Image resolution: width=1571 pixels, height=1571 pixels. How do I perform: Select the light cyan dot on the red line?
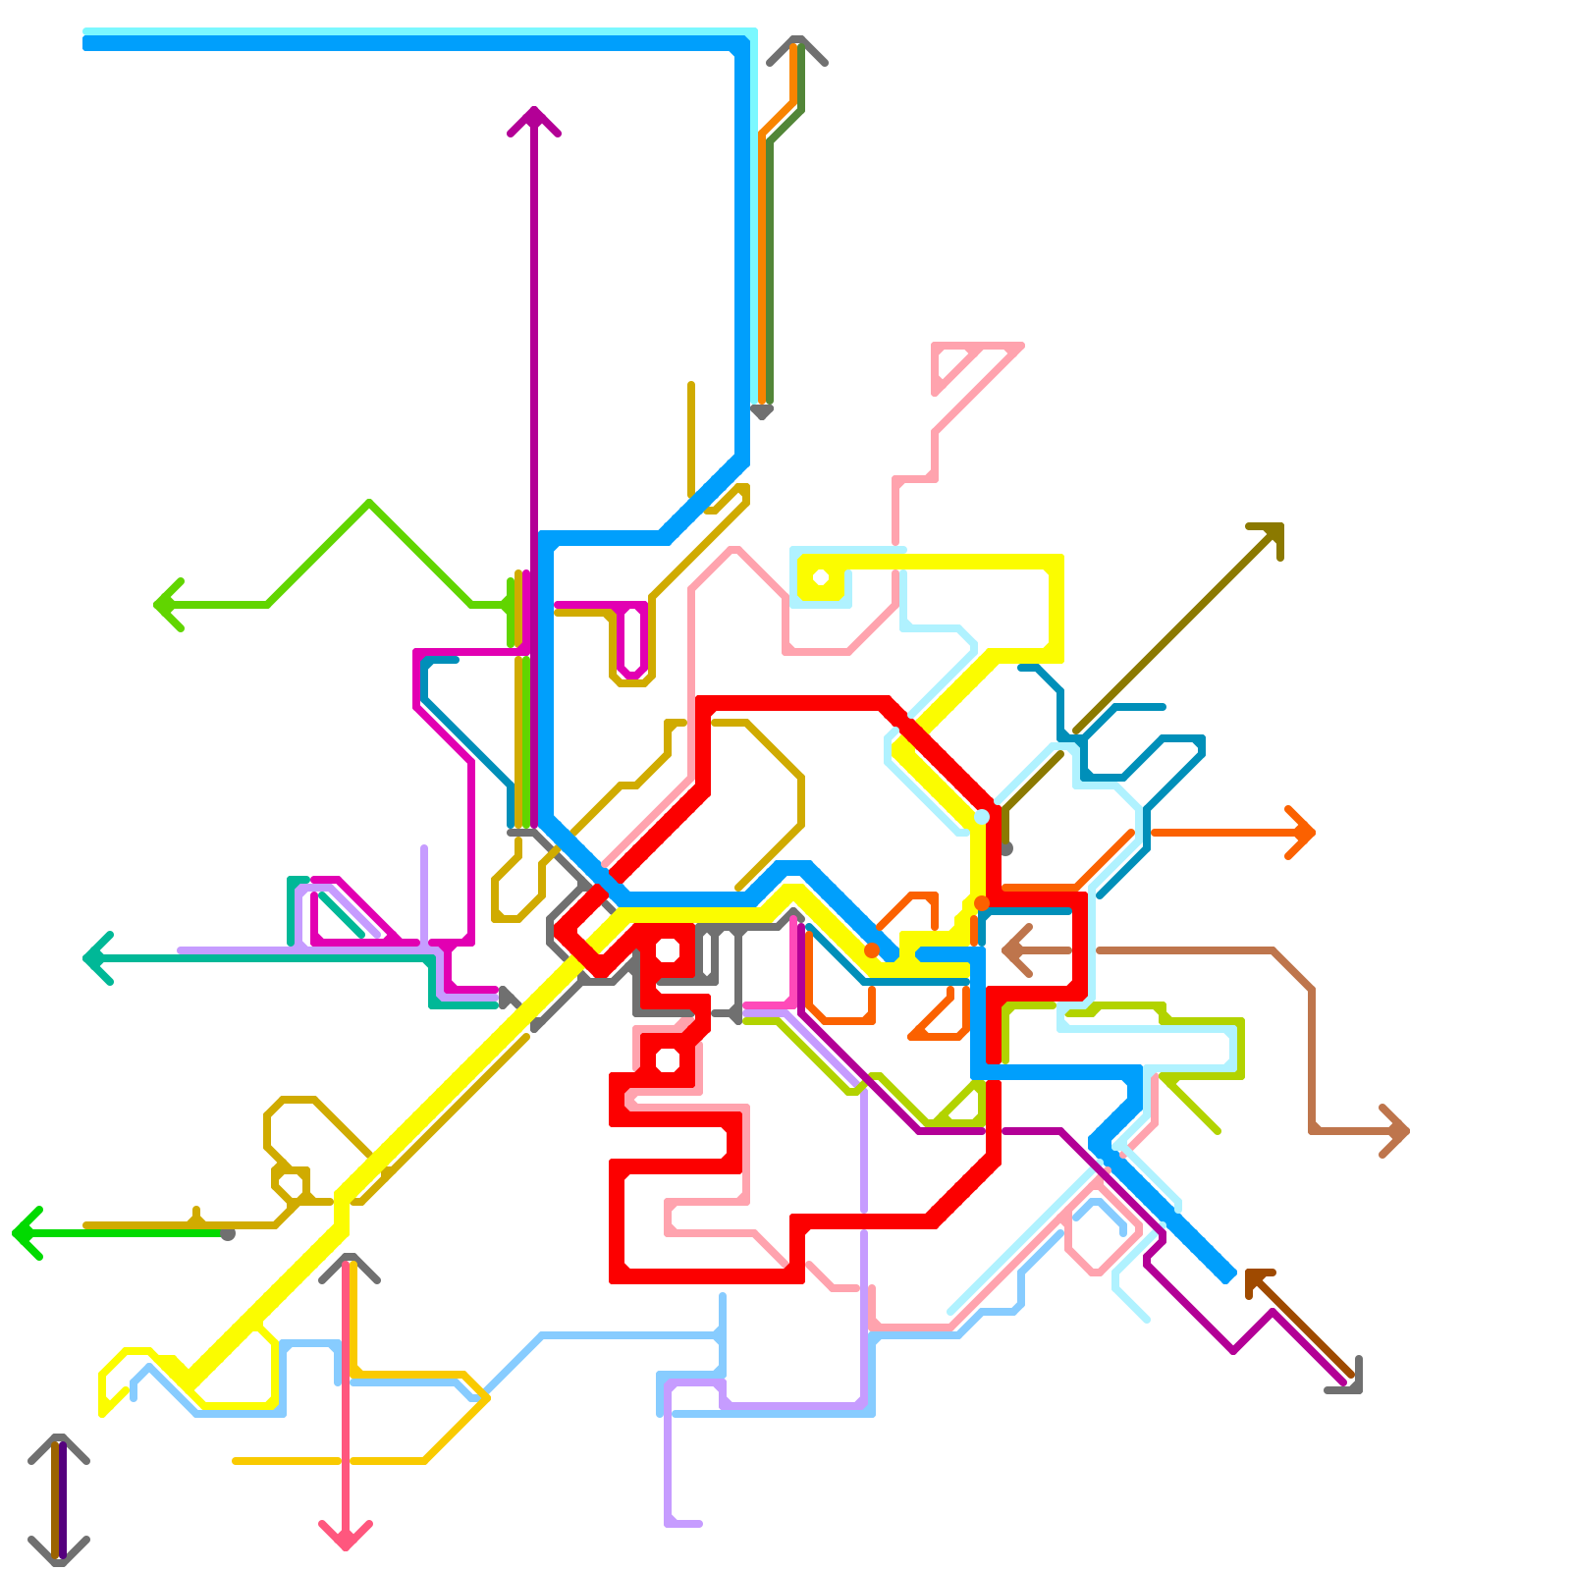pyautogui.click(x=982, y=817)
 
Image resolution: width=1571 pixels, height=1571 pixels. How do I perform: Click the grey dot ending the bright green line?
pyautogui.click(x=228, y=1234)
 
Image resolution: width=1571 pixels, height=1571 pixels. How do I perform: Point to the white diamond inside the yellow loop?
pyautogui.click(x=821, y=576)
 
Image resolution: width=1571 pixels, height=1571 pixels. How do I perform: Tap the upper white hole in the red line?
pyautogui.click(x=668, y=949)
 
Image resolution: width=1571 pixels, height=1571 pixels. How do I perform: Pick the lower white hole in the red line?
pyautogui.click(x=668, y=1059)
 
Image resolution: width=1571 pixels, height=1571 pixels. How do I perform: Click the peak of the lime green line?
pyautogui.click(x=369, y=503)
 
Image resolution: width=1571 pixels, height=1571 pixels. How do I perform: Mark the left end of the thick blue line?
pyautogui.click(x=86, y=42)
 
